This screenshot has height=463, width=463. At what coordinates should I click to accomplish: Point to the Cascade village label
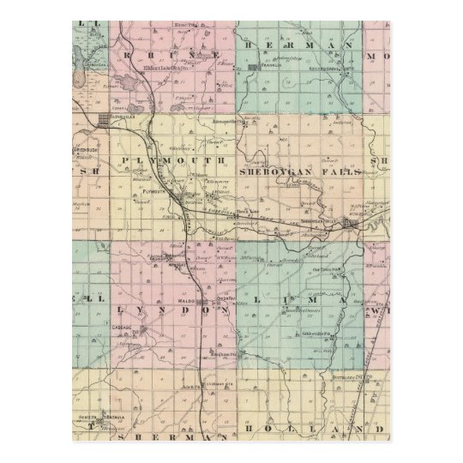[x=123, y=327]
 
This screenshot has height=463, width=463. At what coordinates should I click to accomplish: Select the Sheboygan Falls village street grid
[x=350, y=225]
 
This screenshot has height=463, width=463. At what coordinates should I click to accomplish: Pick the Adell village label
[x=194, y=388]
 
